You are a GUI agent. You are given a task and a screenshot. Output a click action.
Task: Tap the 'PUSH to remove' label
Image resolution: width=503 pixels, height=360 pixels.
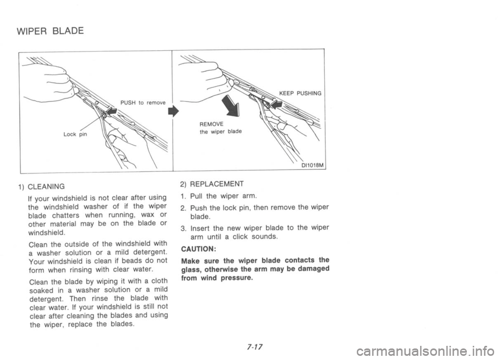tap(142, 103)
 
